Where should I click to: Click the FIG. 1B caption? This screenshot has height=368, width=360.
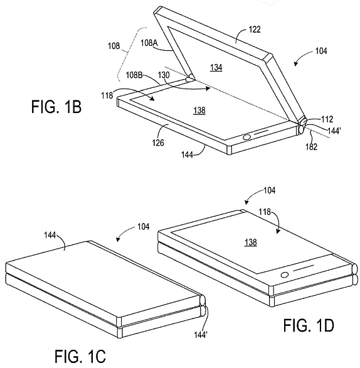(x=56, y=107)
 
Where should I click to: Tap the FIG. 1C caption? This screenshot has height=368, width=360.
(x=80, y=356)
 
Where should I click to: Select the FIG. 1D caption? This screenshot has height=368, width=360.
(x=309, y=325)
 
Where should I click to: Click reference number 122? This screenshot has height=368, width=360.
(x=254, y=30)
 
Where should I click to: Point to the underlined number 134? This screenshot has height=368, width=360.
(x=216, y=68)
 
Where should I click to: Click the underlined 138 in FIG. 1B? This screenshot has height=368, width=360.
(x=199, y=111)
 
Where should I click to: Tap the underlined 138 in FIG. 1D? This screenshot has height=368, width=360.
(x=251, y=242)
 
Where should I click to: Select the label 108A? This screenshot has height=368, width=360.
(x=149, y=43)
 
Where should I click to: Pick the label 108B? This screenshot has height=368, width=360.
(x=134, y=75)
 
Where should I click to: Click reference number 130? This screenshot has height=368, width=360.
(x=164, y=75)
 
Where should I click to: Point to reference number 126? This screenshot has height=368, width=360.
(x=158, y=143)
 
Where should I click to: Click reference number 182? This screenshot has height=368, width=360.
(x=312, y=147)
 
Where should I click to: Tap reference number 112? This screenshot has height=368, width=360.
(x=327, y=119)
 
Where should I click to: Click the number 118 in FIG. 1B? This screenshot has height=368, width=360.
(x=107, y=95)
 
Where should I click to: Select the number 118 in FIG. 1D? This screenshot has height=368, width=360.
(x=265, y=212)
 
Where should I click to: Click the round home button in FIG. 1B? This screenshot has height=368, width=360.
(x=246, y=138)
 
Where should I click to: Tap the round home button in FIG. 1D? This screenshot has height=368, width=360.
(x=285, y=274)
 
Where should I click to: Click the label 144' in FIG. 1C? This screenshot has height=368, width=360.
(x=201, y=335)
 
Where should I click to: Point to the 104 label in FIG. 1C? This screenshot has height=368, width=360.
(x=144, y=227)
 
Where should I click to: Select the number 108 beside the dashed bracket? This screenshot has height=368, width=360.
(x=114, y=46)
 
